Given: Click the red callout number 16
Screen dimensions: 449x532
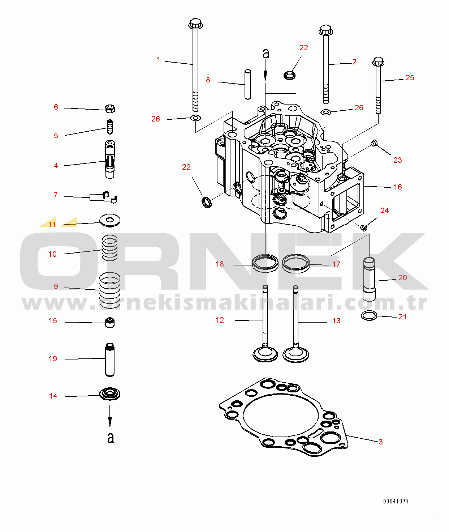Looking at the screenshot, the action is [398, 187].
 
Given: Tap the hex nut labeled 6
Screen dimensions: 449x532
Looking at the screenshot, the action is [110, 109].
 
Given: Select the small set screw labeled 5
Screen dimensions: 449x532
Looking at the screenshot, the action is [109, 127].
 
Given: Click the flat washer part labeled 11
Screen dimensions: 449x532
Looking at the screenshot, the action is [110, 220].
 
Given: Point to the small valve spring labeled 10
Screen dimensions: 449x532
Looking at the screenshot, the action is [110, 248].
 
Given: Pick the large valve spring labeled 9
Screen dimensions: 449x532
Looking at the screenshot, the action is [110, 290].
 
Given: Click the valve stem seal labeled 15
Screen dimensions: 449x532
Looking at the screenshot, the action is [110, 322].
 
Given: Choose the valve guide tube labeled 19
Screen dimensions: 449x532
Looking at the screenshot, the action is [110, 359].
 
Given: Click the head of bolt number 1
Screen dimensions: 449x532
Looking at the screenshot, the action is [195, 24].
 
